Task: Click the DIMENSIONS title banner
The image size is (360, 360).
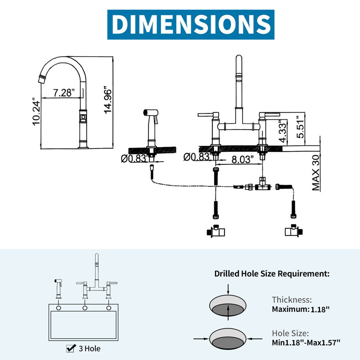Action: [x=190, y=24]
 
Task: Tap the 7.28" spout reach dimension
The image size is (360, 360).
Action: [x=64, y=93]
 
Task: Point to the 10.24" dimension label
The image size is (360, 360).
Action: [x=36, y=112]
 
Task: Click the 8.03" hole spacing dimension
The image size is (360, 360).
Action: [x=243, y=159]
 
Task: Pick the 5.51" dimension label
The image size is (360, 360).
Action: [x=300, y=127]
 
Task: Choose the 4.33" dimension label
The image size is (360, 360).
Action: [x=283, y=131]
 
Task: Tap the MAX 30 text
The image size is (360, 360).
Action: [x=316, y=173]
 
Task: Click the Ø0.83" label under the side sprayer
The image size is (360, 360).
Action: [x=134, y=158]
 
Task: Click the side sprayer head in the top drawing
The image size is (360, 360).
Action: [x=151, y=113]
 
